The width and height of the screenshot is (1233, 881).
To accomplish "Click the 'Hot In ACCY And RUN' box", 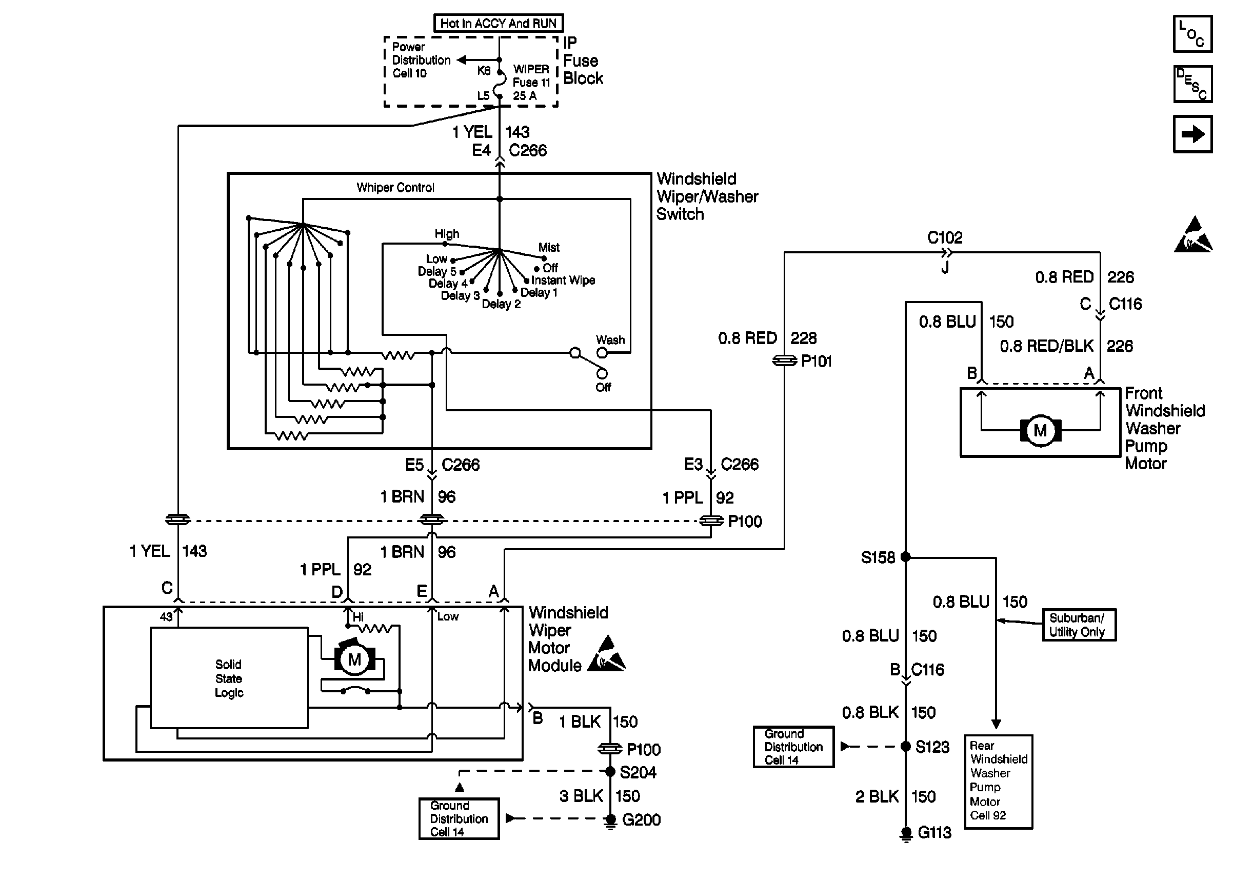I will click(x=498, y=23).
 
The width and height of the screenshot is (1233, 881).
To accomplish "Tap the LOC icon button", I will click(x=1192, y=34).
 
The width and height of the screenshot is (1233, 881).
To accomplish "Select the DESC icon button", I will click(x=1192, y=84).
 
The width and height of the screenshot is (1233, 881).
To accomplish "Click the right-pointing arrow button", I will click(x=1192, y=134).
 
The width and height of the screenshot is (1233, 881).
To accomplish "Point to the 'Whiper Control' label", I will click(x=395, y=188).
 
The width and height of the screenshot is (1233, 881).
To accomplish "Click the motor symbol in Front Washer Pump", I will click(x=1040, y=431).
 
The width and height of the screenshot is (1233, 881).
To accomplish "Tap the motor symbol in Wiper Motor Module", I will click(x=354, y=659).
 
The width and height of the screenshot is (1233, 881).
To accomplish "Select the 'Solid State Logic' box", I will click(x=229, y=678).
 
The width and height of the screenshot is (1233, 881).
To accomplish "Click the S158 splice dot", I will click(x=905, y=556).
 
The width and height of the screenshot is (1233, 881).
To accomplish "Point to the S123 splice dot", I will click(x=905, y=747).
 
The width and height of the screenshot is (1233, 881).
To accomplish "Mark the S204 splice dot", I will click(x=610, y=771).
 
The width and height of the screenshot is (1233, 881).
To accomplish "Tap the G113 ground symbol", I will click(x=905, y=833).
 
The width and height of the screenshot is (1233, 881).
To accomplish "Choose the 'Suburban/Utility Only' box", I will click(x=1079, y=625).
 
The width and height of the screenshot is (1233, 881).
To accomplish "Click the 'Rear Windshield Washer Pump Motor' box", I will click(x=998, y=782).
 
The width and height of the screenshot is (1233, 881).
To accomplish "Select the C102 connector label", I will click(x=944, y=237).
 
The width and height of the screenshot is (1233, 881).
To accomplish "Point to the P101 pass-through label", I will click(x=816, y=362).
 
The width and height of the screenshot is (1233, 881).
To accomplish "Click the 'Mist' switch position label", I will click(x=548, y=247).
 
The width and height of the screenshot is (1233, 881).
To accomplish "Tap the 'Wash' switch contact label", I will click(x=610, y=340).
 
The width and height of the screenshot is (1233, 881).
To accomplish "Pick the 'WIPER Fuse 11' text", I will click(x=531, y=76).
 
